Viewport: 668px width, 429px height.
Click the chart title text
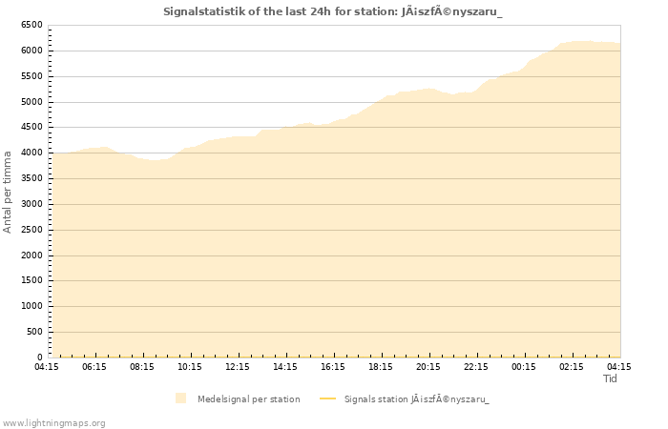[x=333, y=11]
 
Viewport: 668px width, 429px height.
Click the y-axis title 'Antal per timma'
[x=8, y=191]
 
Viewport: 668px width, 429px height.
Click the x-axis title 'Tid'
[x=611, y=378]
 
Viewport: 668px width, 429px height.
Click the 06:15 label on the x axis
[x=94, y=366]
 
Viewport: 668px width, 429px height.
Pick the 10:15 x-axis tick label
[x=190, y=366]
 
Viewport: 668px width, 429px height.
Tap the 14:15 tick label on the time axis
[x=285, y=366]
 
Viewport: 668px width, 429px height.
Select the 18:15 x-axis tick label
[x=381, y=366]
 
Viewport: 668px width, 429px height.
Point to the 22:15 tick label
[x=476, y=366]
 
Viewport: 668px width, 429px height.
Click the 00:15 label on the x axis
[x=524, y=366]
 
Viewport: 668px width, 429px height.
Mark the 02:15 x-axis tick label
[x=572, y=366]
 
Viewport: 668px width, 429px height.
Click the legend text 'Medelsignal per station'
[x=248, y=398]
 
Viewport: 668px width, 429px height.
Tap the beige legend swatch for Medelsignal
[x=181, y=398]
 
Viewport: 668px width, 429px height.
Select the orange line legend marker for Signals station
[x=327, y=398]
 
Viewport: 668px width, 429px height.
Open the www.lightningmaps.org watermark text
[x=54, y=422]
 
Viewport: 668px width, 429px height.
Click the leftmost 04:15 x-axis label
[x=47, y=366]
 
